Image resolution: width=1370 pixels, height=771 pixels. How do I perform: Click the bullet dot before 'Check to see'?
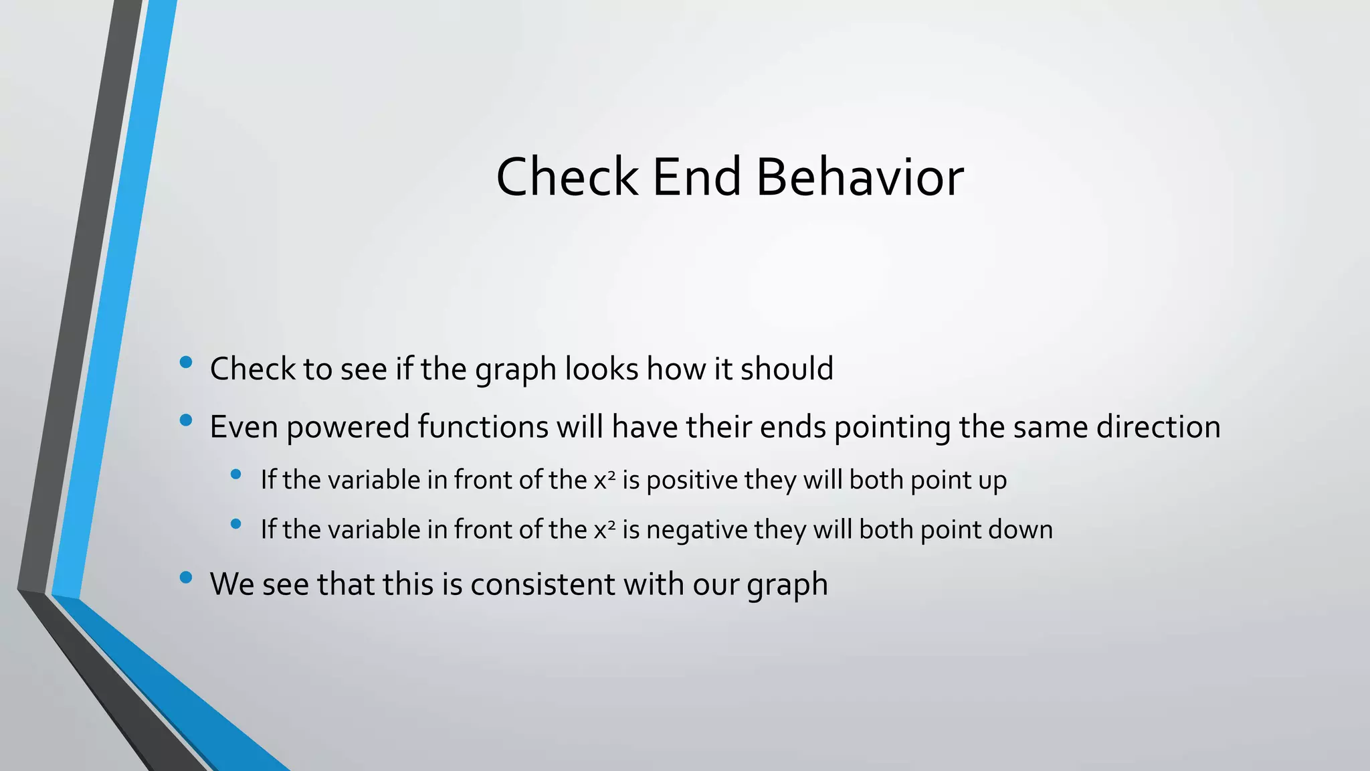[x=186, y=363]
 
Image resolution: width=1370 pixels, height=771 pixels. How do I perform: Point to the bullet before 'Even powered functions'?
[x=186, y=420]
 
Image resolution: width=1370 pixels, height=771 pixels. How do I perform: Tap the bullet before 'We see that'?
[x=186, y=577]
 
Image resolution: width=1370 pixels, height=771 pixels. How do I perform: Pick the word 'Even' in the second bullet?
[x=243, y=427]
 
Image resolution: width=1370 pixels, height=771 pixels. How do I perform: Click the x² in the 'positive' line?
[x=604, y=481]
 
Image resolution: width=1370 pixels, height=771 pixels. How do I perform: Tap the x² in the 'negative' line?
[x=604, y=530]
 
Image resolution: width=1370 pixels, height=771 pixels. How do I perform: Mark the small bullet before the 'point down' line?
[x=235, y=524]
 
